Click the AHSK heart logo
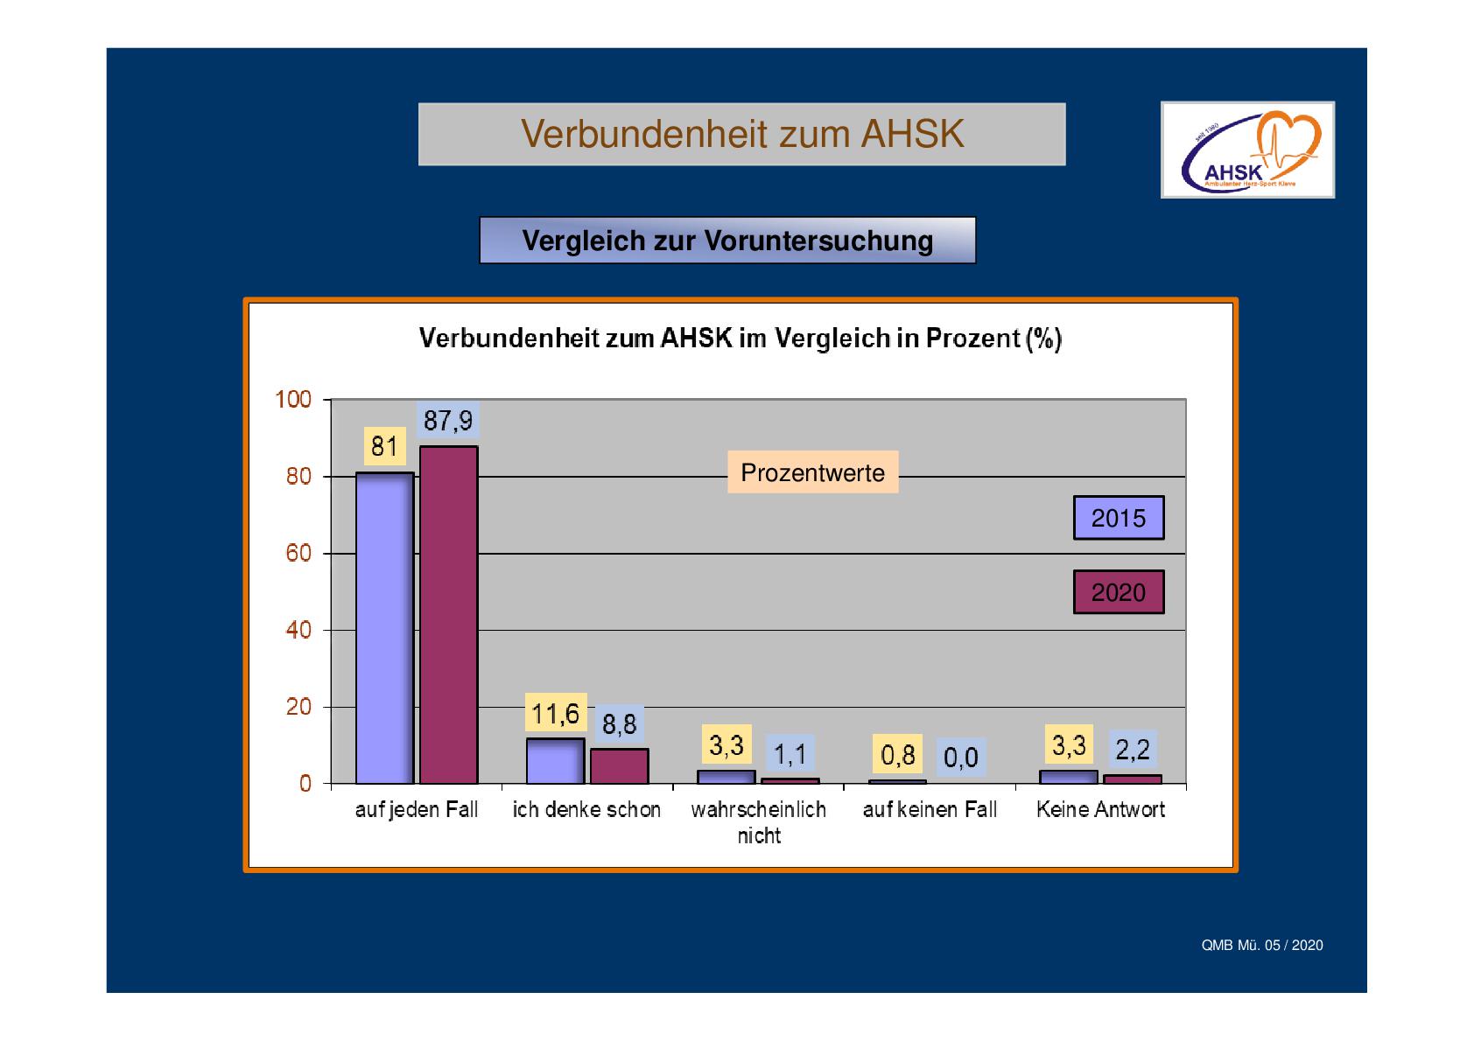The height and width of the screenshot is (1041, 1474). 1247,150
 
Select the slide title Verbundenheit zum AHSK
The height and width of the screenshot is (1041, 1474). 741,134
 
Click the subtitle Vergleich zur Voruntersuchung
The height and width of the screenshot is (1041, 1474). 727,241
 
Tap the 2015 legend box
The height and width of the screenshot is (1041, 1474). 1119,518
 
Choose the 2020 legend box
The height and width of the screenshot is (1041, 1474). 1119,592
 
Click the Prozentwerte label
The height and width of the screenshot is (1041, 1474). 812,472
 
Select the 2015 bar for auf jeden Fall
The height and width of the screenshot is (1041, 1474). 384,628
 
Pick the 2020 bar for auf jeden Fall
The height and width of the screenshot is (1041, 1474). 449,615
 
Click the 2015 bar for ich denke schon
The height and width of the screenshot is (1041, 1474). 555,761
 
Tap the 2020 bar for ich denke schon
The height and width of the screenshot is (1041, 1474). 620,766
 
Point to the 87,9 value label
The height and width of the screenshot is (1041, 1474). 448,422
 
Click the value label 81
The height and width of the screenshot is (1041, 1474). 384,447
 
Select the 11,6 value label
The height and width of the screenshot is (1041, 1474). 555,714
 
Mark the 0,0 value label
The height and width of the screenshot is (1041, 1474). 961,757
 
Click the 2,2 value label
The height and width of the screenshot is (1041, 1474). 1132,750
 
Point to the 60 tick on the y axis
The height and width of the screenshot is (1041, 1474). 298,554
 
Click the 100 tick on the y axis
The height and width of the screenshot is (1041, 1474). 293,400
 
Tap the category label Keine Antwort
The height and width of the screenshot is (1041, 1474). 1100,810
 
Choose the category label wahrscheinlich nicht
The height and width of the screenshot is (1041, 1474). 758,822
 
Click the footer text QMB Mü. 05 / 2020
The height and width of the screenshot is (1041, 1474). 1261,946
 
